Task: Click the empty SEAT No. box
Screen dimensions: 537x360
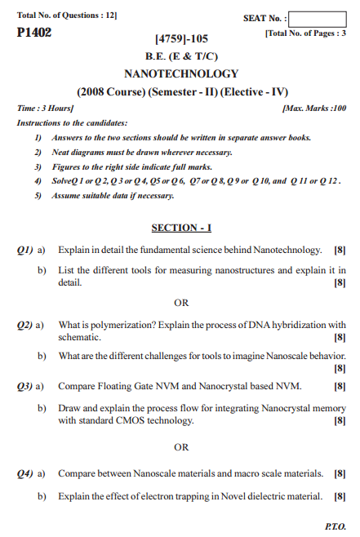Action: (317, 18)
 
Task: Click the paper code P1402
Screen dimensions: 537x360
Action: (33, 33)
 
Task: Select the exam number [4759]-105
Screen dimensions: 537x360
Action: (181, 38)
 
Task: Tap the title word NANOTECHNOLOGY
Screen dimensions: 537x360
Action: (181, 73)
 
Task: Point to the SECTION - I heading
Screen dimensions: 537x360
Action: (181, 227)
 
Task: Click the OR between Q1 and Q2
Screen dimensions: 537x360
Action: (181, 303)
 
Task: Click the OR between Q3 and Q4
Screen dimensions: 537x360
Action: (181, 446)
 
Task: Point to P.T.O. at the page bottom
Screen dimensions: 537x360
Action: (336, 526)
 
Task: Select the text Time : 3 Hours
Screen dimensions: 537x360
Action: (45, 108)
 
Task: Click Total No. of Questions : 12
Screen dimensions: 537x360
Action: (67, 16)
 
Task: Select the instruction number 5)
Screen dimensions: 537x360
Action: (38, 196)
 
